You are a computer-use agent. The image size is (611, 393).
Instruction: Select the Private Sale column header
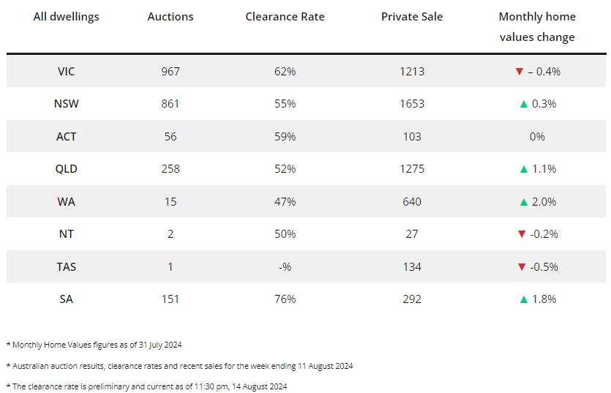point(412,16)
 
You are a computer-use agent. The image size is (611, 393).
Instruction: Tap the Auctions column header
point(170,16)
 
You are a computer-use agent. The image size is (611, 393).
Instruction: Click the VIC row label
point(67,72)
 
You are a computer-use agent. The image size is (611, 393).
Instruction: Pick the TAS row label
point(67,266)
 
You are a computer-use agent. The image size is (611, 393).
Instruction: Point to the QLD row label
point(67,169)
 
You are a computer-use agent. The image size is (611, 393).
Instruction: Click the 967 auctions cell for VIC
point(170,72)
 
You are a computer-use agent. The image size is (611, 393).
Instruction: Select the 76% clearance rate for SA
point(285,299)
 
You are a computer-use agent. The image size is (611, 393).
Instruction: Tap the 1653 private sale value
point(412,104)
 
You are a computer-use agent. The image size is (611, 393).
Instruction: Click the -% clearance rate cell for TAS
point(285,266)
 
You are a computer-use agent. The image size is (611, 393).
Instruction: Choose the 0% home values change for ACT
point(537,137)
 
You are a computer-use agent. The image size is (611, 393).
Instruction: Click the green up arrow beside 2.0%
point(523,201)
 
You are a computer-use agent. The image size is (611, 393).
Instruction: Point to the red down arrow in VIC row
point(519,72)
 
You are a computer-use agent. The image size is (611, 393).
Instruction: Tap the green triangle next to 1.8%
point(523,299)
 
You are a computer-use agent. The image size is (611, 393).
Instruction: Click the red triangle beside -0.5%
point(521,266)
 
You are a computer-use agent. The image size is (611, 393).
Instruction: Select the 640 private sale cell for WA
point(412,201)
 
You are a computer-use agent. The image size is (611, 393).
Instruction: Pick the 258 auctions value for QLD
point(170,169)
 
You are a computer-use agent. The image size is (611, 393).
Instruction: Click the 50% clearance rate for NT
point(285,234)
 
